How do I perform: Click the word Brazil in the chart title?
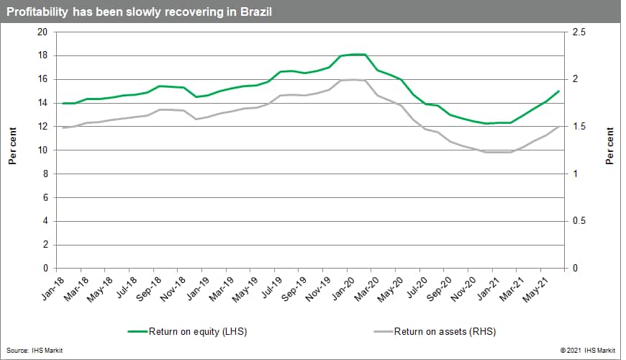pos(256,12)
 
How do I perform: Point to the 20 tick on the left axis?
pos(42,32)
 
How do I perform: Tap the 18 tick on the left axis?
pos(42,56)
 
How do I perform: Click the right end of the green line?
pos(559,91)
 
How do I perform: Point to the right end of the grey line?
pos(559,127)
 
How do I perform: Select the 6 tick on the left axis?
pos(45,198)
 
